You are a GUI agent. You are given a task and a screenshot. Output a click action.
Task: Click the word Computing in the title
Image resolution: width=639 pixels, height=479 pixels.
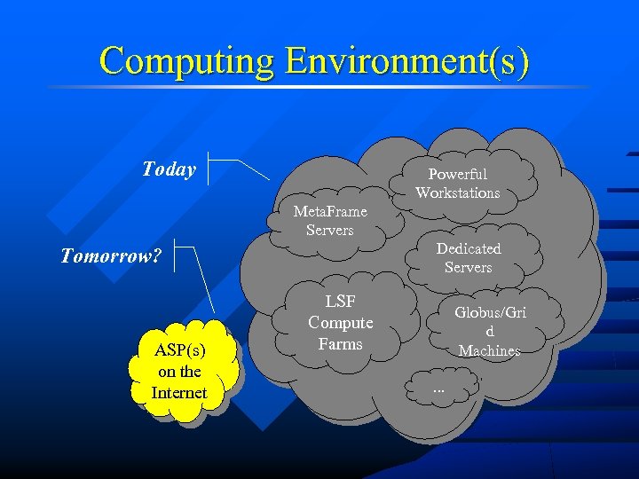187,61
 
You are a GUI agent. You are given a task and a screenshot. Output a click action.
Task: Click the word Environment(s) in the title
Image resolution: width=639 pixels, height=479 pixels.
407,61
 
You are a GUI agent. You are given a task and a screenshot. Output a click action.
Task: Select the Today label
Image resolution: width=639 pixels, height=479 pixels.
169,169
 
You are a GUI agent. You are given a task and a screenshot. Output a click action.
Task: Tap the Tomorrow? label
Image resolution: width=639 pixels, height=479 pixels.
111,256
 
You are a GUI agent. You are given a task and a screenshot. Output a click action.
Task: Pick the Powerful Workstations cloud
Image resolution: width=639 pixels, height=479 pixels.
458,184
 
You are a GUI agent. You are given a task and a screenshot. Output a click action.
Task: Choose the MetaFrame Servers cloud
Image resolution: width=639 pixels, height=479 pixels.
330,221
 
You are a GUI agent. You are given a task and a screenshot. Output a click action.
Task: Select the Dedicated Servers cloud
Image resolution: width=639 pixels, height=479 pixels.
468,258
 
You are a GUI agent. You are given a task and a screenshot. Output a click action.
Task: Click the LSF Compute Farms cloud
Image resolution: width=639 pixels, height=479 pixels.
340,323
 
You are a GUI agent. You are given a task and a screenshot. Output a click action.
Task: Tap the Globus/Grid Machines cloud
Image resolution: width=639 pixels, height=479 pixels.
489,331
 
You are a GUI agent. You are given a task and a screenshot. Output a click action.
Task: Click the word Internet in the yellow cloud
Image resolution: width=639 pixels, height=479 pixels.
179,393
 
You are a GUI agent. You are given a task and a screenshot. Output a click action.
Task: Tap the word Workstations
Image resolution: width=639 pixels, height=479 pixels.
458,192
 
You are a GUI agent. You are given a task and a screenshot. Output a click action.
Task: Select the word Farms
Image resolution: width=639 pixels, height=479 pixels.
340,344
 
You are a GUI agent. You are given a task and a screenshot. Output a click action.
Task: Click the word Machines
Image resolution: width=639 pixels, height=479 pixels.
489,351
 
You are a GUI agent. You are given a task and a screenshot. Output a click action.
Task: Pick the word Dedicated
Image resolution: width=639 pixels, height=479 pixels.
469,248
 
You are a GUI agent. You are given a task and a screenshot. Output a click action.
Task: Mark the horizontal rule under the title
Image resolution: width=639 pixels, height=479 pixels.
319,87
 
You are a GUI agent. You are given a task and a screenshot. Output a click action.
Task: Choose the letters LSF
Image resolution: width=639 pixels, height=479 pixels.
340,302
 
